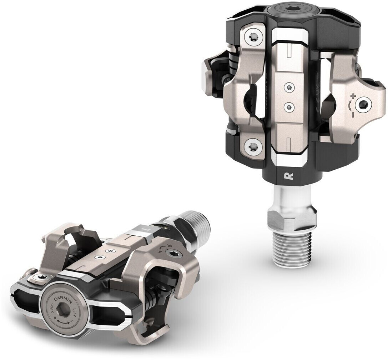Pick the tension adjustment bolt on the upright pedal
click(x=364, y=104)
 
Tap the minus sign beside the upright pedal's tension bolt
click(x=353, y=115)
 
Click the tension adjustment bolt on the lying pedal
click(x=174, y=255)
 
